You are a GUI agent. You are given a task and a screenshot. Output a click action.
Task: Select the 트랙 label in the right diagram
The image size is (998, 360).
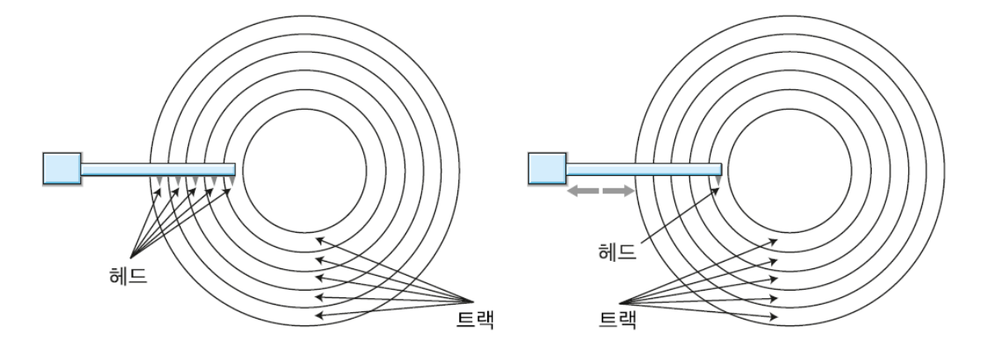(x=617, y=319)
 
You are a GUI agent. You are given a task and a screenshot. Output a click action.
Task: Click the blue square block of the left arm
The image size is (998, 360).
(x=62, y=168)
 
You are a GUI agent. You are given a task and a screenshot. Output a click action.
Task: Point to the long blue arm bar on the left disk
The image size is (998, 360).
(x=157, y=169)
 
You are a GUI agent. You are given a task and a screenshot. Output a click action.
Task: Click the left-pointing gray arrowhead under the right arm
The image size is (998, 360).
(x=575, y=192)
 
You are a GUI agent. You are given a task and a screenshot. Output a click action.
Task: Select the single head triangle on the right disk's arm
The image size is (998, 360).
(x=717, y=180)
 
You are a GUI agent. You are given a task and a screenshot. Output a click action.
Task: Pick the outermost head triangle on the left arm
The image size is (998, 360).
(x=157, y=181)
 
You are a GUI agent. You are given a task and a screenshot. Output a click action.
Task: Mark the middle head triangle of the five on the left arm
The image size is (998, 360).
(x=194, y=181)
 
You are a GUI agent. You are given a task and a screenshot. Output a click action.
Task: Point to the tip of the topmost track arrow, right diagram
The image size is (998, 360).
(x=777, y=239)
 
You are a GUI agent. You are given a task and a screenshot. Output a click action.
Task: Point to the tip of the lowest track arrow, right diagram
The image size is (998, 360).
(x=777, y=315)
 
